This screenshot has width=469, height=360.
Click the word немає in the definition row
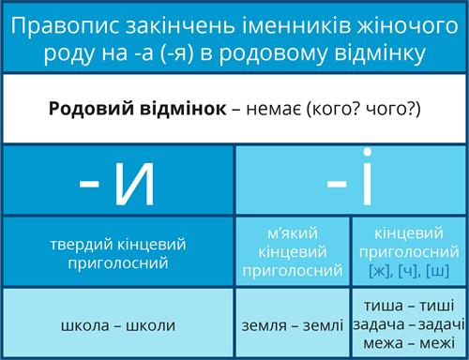[279, 109]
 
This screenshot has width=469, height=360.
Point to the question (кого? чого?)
[367, 109]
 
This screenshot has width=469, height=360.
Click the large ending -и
[116, 181]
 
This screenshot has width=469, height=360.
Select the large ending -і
[350, 181]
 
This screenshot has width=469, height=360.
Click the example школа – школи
[117, 324]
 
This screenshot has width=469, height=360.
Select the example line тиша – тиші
[409, 305]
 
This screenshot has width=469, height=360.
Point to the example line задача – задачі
[409, 324]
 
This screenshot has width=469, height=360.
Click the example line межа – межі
[409, 344]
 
